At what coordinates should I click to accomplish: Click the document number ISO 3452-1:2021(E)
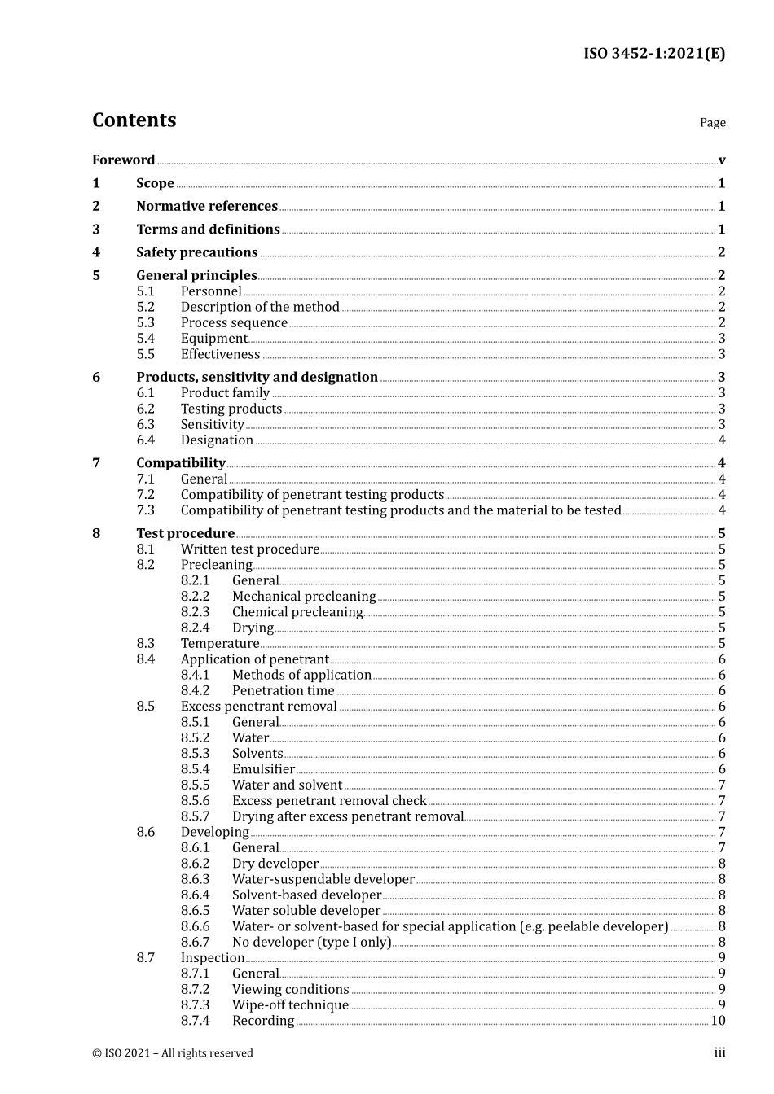click(653, 54)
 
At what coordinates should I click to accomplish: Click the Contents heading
click(134, 120)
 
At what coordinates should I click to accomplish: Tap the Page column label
click(712, 123)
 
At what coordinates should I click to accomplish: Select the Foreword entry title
click(123, 160)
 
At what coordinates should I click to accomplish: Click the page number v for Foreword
click(722, 160)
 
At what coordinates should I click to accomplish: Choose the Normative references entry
click(207, 207)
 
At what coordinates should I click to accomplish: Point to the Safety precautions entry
click(196, 252)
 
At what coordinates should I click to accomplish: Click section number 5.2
click(145, 307)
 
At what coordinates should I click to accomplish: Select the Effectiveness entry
click(220, 354)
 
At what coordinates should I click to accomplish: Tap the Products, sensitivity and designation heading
click(257, 377)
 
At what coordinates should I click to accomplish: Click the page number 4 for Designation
click(722, 440)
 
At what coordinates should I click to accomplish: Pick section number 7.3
click(145, 510)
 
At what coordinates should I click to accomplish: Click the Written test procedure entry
click(249, 549)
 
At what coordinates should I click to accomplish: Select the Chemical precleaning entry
click(297, 612)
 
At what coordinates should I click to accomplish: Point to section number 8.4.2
click(195, 691)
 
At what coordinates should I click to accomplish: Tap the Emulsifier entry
click(263, 769)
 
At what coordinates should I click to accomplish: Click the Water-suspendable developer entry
click(323, 879)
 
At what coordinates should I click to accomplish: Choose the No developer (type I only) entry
click(311, 942)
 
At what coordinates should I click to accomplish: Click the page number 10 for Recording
click(718, 1021)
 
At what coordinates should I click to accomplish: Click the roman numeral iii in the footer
click(719, 1053)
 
